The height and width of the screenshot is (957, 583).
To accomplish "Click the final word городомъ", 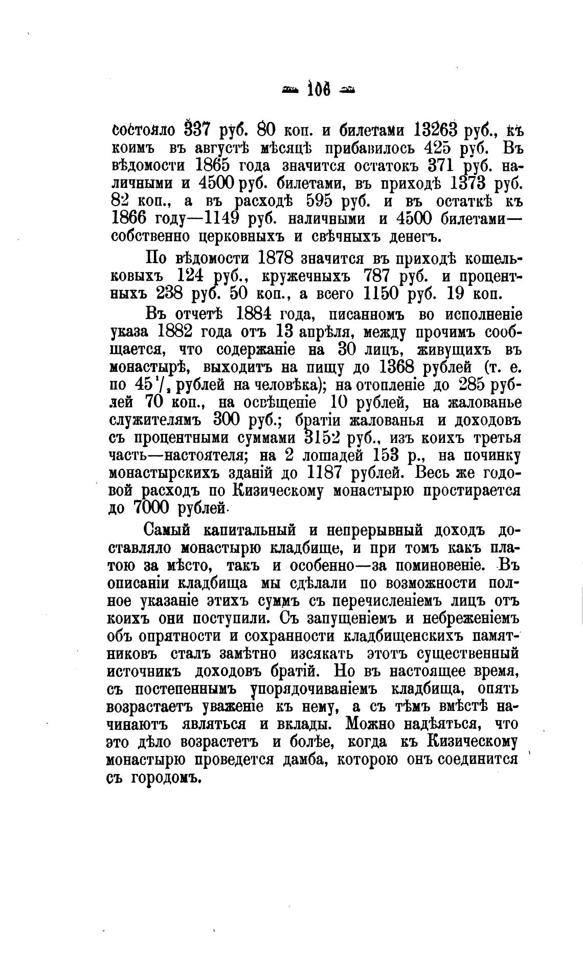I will (165, 778).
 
